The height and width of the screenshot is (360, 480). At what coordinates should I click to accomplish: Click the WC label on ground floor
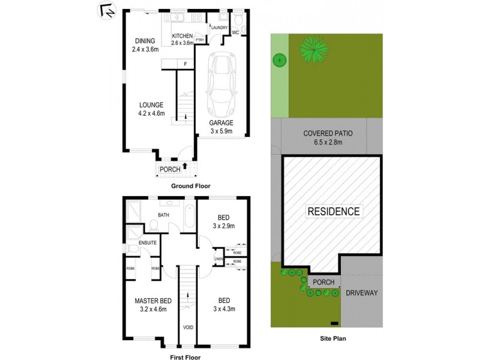pos(236,32)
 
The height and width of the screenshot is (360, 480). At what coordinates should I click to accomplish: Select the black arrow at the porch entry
pos(185,168)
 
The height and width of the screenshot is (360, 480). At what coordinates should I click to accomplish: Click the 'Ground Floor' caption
pos(191,186)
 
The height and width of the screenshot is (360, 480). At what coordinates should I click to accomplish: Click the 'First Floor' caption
pos(185,357)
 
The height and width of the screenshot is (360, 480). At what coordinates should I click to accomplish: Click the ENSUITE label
pos(148,242)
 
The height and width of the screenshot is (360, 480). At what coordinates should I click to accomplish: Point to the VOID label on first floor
pos(188,328)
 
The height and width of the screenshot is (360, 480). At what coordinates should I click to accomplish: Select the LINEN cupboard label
pos(219,259)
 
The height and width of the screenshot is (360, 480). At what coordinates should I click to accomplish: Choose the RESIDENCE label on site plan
pos(334,211)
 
